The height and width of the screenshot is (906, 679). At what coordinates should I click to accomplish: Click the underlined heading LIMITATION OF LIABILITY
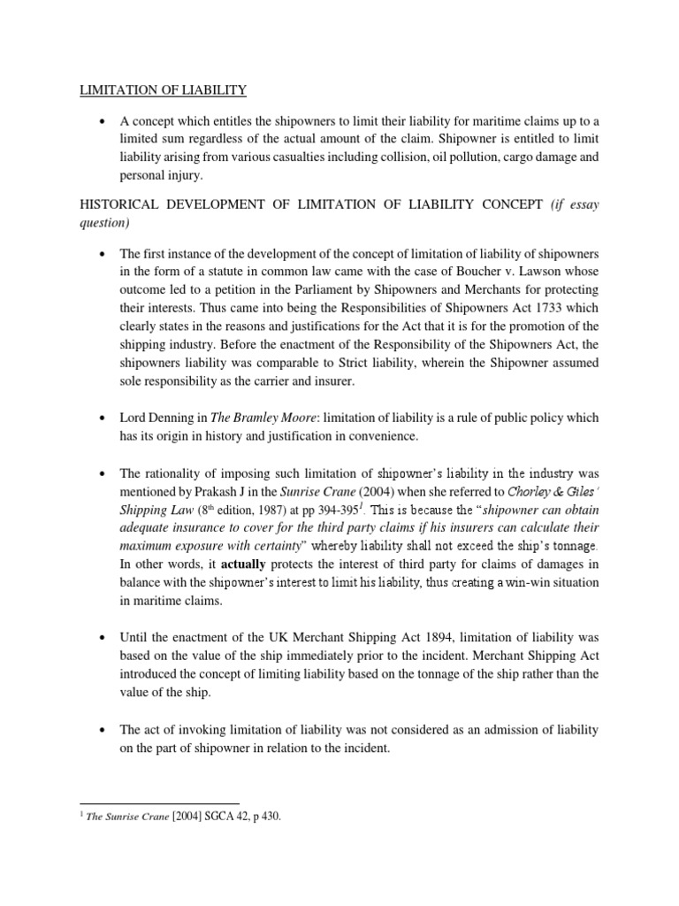164,89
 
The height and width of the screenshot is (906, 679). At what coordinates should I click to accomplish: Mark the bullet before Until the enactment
104,637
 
